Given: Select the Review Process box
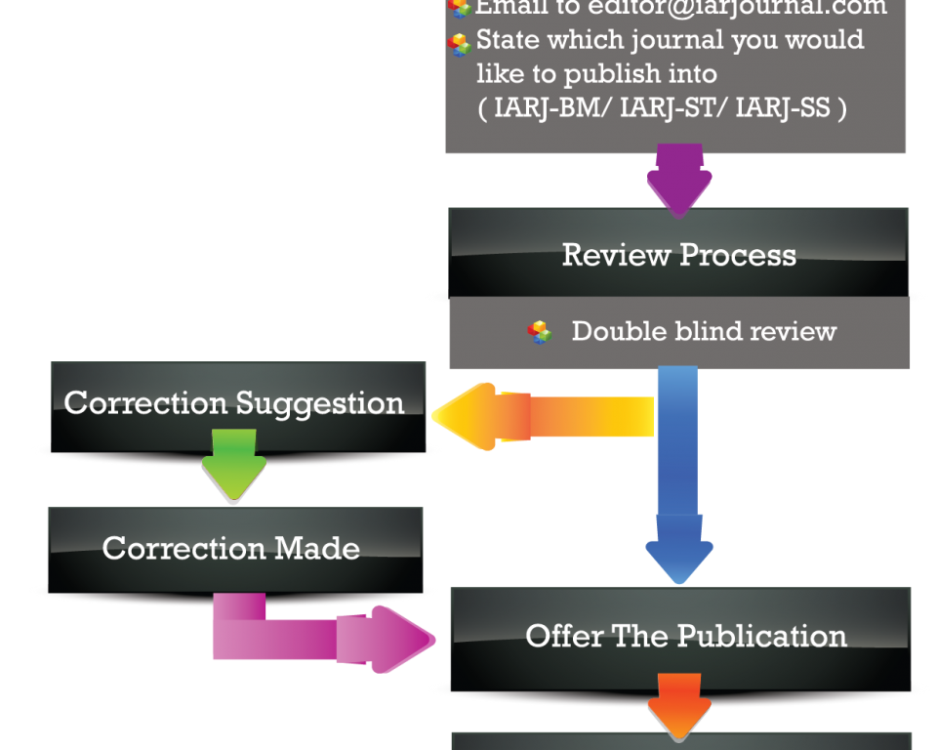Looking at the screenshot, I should click(x=678, y=255).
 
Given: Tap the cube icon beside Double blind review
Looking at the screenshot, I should click(x=540, y=332).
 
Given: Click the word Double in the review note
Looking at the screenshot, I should click(x=609, y=331).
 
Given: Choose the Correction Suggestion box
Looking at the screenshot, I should click(x=234, y=403).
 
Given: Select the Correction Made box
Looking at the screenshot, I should click(x=231, y=548).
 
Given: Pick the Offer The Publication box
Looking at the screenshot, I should click(x=686, y=636).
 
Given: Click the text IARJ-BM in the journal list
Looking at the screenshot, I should click(x=548, y=108).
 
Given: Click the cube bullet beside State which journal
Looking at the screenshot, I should click(x=459, y=44).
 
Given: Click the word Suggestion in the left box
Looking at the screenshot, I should click(x=319, y=403).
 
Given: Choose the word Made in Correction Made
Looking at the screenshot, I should click(x=316, y=548).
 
